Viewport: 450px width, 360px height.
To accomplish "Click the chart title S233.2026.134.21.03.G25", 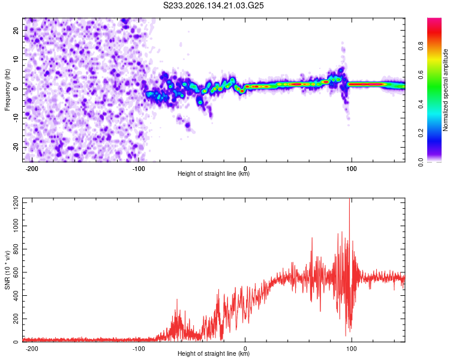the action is click(x=213, y=5).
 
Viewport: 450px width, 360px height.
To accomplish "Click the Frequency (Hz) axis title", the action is click(x=7, y=90).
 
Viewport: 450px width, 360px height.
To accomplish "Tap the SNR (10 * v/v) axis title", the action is click(x=7, y=270).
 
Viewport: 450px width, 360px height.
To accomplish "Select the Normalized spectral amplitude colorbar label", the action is click(x=445, y=90).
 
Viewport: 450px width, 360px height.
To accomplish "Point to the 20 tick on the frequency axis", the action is click(x=16, y=30).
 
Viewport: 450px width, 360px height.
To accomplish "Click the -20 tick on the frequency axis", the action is click(x=16, y=148).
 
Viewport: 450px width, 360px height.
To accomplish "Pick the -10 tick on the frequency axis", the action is click(x=16, y=118).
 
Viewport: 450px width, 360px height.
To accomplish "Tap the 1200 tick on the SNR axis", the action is click(x=16, y=203).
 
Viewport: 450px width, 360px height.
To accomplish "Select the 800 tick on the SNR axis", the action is click(x=16, y=249).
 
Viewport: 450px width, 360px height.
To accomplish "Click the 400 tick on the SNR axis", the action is click(x=16, y=296).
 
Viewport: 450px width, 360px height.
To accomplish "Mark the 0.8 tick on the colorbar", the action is click(x=421, y=46).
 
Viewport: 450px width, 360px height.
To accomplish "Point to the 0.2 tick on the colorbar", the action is click(x=421, y=133).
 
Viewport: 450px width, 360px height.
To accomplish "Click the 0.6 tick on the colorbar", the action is click(x=421, y=75).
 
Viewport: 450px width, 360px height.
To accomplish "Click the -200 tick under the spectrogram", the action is click(x=32, y=169).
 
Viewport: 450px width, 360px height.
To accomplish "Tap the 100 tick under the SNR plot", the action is click(x=351, y=349).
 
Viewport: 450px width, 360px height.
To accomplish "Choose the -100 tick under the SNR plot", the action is click(x=139, y=349).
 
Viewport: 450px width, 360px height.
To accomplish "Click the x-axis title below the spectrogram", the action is click(x=214, y=173).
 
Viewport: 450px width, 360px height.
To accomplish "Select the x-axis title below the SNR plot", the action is click(x=214, y=353).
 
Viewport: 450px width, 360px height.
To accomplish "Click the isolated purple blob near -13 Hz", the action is click(x=188, y=125).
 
